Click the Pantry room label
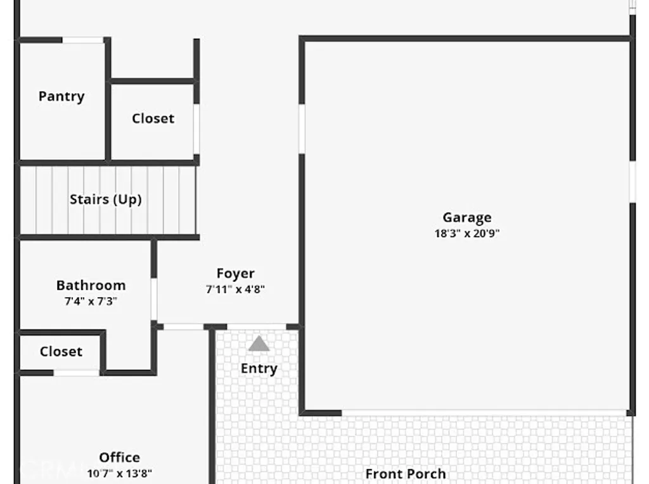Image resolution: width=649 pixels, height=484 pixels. [x=61, y=96]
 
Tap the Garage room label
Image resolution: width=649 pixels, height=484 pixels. [x=467, y=218]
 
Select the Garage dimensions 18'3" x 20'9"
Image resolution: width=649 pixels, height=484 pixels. [x=467, y=233]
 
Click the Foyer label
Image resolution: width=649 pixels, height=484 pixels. [x=236, y=274]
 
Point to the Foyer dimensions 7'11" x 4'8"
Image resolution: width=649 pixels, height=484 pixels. [x=235, y=290]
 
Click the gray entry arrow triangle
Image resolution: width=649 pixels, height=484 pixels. [x=259, y=344]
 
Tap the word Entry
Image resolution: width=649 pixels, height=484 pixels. [x=259, y=369]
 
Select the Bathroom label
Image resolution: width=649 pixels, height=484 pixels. [x=91, y=285]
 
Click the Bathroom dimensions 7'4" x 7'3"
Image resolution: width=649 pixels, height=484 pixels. [x=91, y=302]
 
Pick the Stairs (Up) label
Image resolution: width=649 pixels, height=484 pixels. [x=105, y=200]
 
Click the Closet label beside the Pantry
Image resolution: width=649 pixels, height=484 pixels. [x=153, y=118]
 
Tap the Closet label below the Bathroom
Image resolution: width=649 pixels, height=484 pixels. [x=61, y=352]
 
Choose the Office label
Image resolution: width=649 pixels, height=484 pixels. [x=119, y=457]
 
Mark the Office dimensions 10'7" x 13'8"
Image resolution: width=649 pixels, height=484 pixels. [x=119, y=473]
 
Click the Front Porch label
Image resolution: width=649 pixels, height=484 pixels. [x=405, y=474]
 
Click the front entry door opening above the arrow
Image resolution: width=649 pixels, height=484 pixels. [x=256, y=327]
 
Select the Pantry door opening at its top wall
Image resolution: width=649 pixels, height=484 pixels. [x=83, y=41]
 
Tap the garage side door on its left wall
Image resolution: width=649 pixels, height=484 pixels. [x=302, y=128]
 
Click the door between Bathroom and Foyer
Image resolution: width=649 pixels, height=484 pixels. [x=154, y=299]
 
